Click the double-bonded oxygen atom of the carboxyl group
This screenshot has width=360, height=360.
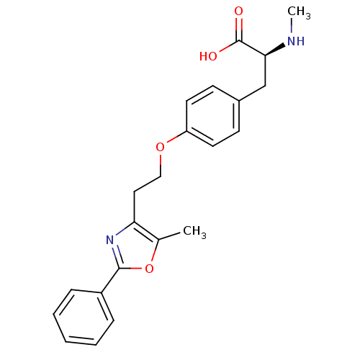tap(238, 12)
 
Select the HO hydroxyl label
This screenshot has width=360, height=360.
tap(208, 56)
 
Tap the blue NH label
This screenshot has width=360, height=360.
tap(296, 41)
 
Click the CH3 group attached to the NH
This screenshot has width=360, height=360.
tap(299, 12)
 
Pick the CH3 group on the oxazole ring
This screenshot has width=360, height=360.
tap(194, 232)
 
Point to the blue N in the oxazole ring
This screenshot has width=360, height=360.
tap(110, 240)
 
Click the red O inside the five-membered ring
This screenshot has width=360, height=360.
tap(149, 269)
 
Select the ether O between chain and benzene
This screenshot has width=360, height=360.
tap(160, 147)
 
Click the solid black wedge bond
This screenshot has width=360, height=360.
tap(275, 50)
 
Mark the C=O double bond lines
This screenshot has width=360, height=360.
tap(239, 30)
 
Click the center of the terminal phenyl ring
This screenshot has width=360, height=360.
tap(84, 318)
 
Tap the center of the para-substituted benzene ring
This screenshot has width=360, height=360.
tap(213, 116)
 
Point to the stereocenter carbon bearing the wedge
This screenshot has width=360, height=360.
tap(266, 55)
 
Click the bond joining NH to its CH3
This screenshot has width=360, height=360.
tap(292, 26)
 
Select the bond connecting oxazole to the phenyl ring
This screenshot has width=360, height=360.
tap(110, 280)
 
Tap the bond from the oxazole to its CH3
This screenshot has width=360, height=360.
tap(169, 236)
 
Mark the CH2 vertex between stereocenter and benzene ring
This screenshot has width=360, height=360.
tap(266, 86)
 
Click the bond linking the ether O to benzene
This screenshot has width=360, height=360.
tap(176, 137)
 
